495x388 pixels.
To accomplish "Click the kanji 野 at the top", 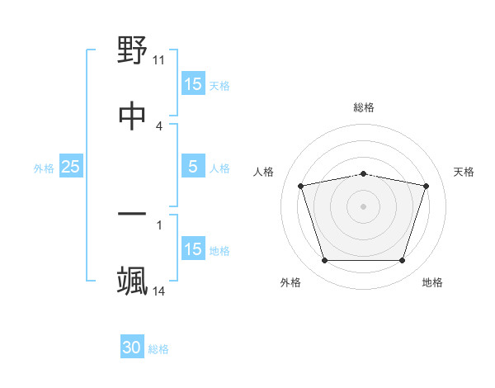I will pos(133,51).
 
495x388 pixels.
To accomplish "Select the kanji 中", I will pos(133,116).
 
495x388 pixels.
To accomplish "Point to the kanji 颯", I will pos(133,281).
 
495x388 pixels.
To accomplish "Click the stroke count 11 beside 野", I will pos(159,60).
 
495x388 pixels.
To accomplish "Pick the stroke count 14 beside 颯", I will pos(159,291).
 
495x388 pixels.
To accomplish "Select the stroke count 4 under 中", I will pos(159,125).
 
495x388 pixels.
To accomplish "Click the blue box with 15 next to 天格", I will pos(193,84).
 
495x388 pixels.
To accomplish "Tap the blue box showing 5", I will pos(193,167).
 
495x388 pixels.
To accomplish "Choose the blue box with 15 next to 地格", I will pos(193,249).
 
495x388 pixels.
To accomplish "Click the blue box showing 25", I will pos(70,167).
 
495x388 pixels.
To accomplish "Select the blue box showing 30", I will pos(132,348).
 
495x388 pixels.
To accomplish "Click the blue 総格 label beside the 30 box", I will pos(158,349).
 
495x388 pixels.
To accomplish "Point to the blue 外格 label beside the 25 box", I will pos(44,168).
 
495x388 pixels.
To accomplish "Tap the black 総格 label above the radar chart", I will pos(364,107).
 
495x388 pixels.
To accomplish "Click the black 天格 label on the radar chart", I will pos(464,172).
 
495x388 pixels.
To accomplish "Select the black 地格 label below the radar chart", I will pos(432,282).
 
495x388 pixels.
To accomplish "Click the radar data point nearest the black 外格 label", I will pos(324,261).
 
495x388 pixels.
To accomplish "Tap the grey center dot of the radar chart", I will pos(364,206).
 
